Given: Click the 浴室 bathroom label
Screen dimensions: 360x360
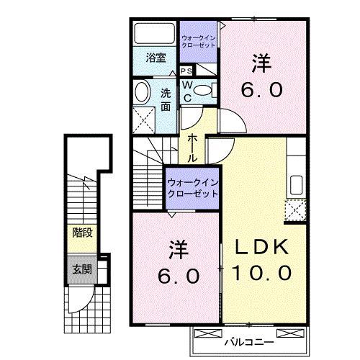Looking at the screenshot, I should [157, 58].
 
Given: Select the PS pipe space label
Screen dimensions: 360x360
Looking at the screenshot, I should [186, 71].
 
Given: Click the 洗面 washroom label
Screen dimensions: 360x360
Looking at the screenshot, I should [166, 98].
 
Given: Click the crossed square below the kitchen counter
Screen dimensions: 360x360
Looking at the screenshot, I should [294, 210].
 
